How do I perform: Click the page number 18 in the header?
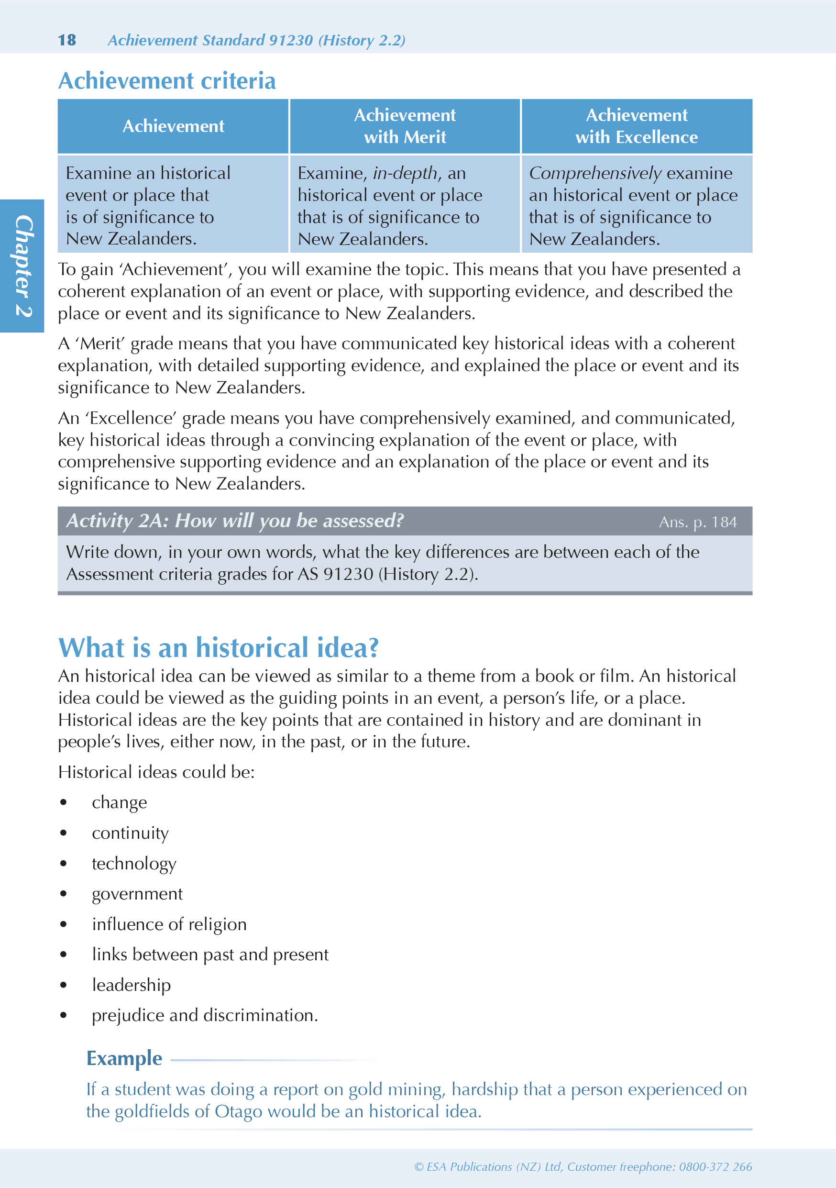point(67,40)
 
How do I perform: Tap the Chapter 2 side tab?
point(22,266)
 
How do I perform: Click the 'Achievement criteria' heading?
point(166,81)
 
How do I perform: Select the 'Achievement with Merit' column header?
point(405,126)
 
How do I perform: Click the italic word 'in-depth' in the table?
point(405,173)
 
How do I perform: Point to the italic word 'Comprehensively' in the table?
point(595,173)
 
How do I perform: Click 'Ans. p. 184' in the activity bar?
point(697,522)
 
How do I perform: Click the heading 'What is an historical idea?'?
point(218,648)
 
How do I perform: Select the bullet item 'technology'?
point(134,864)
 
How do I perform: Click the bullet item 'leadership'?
point(132,985)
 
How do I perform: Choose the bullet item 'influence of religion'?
point(169,924)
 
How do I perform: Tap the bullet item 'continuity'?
point(131,833)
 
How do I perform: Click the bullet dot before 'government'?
point(64,894)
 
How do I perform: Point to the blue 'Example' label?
point(124,1058)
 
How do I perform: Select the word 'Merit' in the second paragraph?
point(102,344)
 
